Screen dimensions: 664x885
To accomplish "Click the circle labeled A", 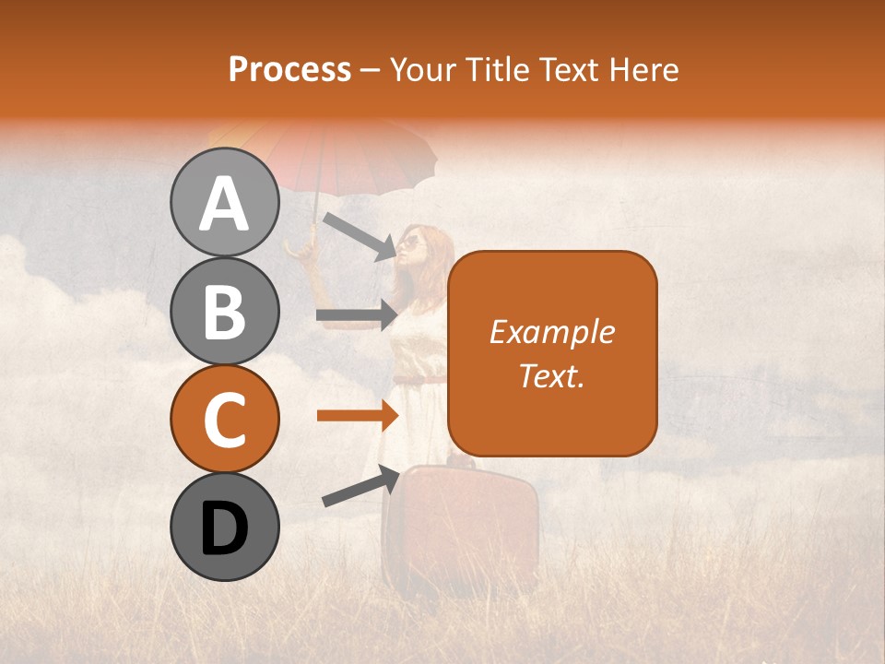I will (x=224, y=202).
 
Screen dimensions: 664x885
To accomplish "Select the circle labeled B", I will (x=224, y=311).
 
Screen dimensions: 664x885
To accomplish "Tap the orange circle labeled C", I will (x=224, y=419).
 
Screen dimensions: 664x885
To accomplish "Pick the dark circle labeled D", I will (x=224, y=527).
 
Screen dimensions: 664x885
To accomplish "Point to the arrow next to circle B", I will (x=356, y=314).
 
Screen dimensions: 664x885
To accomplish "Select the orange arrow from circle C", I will (x=356, y=416).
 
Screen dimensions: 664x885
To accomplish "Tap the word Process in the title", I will (x=289, y=69).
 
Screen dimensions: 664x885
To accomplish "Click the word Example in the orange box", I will (x=551, y=332).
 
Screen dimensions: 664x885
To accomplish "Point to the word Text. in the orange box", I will (x=551, y=375).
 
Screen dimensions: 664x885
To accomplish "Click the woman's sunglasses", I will (x=411, y=243).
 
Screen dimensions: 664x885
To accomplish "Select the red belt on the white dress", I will (x=419, y=379).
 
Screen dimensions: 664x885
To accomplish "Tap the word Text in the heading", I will (x=566, y=69).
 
